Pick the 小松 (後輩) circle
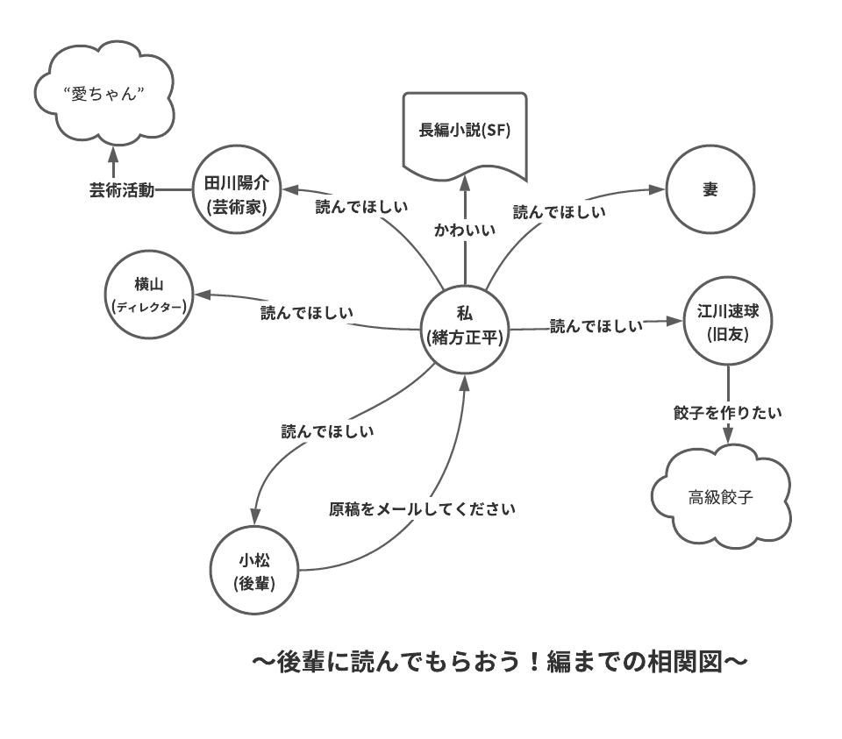point(254,571)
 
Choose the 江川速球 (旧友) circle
point(728,322)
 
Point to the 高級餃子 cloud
point(722,497)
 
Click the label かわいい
point(464,230)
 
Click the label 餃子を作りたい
point(728,411)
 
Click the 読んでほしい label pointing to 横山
point(307,312)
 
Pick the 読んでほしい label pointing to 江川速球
point(596,326)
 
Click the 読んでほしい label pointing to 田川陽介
point(360,207)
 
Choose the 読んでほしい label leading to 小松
point(327,430)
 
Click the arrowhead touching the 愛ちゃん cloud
point(112,154)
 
